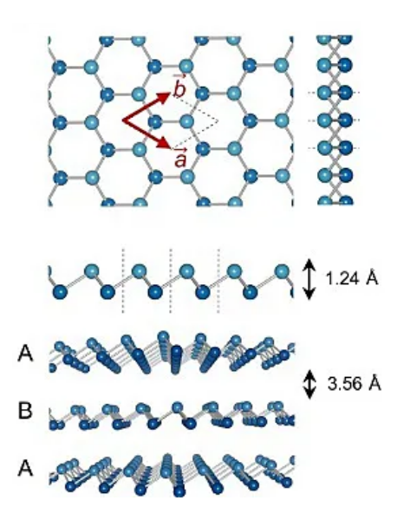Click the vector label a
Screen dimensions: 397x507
tap(180, 158)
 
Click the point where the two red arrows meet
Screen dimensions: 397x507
tap(122, 121)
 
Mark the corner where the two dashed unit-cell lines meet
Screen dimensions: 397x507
tap(218, 121)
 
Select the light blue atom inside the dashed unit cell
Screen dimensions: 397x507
tap(186, 121)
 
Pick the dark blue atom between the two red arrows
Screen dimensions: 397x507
tap(155, 122)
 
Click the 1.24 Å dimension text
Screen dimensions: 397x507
tap(351, 278)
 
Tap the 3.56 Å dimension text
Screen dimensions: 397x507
tap(355, 384)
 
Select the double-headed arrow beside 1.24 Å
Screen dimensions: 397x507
tap(309, 279)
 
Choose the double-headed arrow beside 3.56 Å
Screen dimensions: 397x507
tap(309, 384)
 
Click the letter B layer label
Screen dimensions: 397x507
tap(25, 411)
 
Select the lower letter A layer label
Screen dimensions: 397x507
tap(25, 468)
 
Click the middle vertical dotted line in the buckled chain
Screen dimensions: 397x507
tap(171, 280)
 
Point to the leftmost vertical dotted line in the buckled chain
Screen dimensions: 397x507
tap(122, 280)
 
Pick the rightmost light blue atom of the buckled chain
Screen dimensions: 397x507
tap(282, 271)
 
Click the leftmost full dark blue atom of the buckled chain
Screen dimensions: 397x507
tap(60, 292)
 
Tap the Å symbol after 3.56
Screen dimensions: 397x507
tap(374, 383)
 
